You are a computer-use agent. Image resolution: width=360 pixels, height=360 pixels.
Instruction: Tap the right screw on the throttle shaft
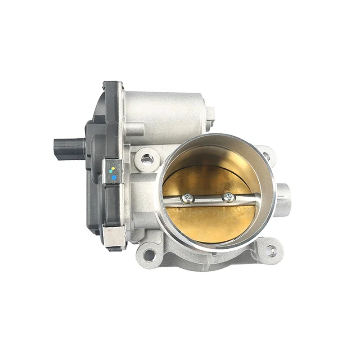coord(229,196)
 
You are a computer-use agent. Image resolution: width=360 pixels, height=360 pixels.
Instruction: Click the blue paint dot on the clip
coord(114,178)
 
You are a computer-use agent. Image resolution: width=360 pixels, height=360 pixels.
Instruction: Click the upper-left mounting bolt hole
coord(147,158)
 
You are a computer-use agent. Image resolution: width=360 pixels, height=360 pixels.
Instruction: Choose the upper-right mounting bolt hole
coord(266,155)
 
